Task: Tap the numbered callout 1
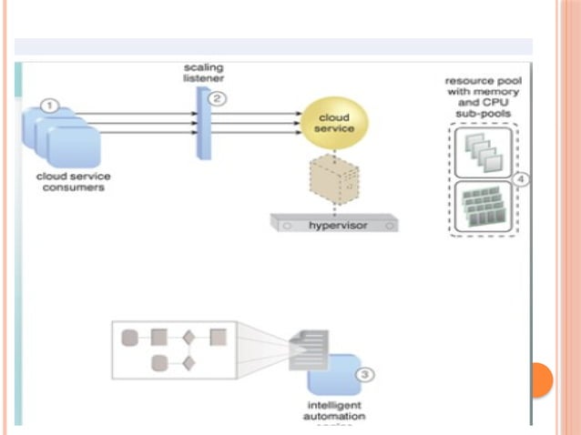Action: click(51, 106)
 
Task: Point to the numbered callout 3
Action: click(362, 373)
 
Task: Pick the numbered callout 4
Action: click(520, 179)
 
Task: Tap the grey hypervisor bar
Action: click(335, 221)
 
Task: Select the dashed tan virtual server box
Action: click(334, 183)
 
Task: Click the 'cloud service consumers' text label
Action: click(70, 182)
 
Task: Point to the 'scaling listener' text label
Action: click(202, 74)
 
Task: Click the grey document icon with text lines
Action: click(307, 350)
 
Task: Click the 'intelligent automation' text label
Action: click(333, 410)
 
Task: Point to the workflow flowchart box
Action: click(173, 349)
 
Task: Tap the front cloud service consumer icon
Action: click(73, 146)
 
